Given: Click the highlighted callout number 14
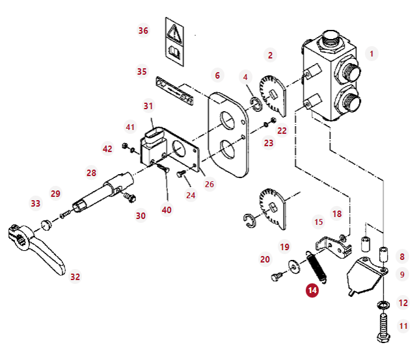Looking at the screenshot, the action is pyautogui.click(x=312, y=290).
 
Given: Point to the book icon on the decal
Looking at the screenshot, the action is pyautogui.click(x=174, y=52).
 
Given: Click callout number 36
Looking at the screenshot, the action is pyautogui.click(x=143, y=31).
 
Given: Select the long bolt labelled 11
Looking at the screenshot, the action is pyautogui.click(x=383, y=328).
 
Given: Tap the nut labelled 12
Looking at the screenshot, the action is pyautogui.click(x=383, y=305).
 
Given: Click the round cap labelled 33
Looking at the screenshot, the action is pyautogui.click(x=46, y=225).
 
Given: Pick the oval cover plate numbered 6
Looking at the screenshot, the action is pyautogui.click(x=228, y=135).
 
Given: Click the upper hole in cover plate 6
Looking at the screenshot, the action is pyautogui.click(x=227, y=121).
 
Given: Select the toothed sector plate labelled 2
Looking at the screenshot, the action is pyautogui.click(x=273, y=96).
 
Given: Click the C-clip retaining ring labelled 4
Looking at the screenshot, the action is pyautogui.click(x=256, y=105).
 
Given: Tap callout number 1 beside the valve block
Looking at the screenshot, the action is pyautogui.click(x=372, y=54).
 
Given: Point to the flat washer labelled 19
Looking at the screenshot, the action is pyautogui.click(x=295, y=266).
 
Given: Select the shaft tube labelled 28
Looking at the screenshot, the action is pyautogui.click(x=103, y=192).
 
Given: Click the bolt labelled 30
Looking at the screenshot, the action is pyautogui.click(x=129, y=198).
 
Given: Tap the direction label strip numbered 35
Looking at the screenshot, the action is pyautogui.click(x=174, y=90).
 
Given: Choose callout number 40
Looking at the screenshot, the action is pyautogui.click(x=167, y=210).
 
